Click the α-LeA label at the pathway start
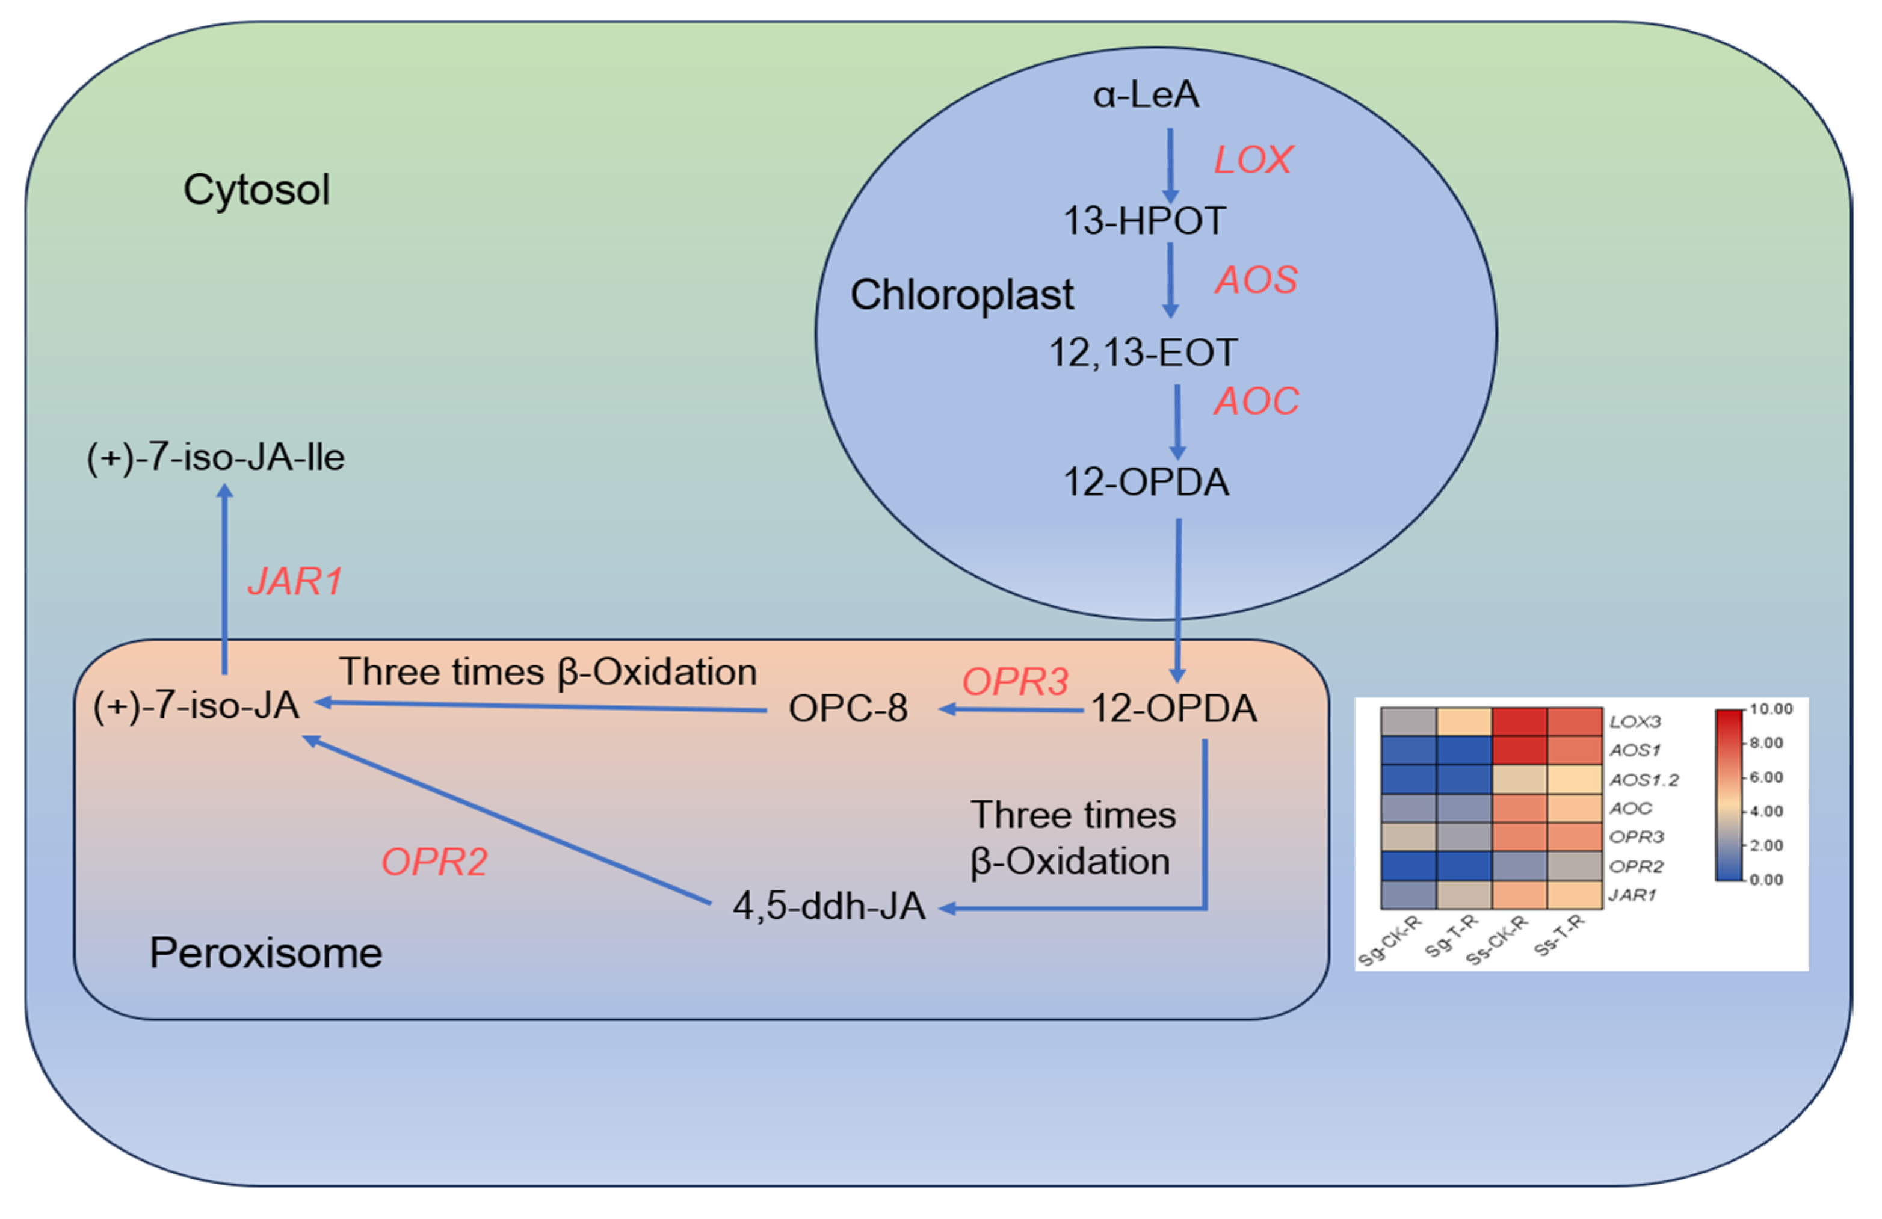(1146, 95)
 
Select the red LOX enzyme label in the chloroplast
(1253, 159)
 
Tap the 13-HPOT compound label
(1144, 221)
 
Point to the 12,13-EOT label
(1143, 353)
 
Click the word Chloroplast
(961, 295)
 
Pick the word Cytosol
(256, 190)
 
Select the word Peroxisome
(266, 952)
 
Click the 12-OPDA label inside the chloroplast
(1146, 482)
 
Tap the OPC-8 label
(848, 708)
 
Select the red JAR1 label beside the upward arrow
(295, 582)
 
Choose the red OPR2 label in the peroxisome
(434, 862)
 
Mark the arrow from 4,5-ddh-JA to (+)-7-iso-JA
(506, 819)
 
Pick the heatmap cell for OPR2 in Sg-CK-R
(1408, 866)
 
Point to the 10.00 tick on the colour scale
(1771, 709)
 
